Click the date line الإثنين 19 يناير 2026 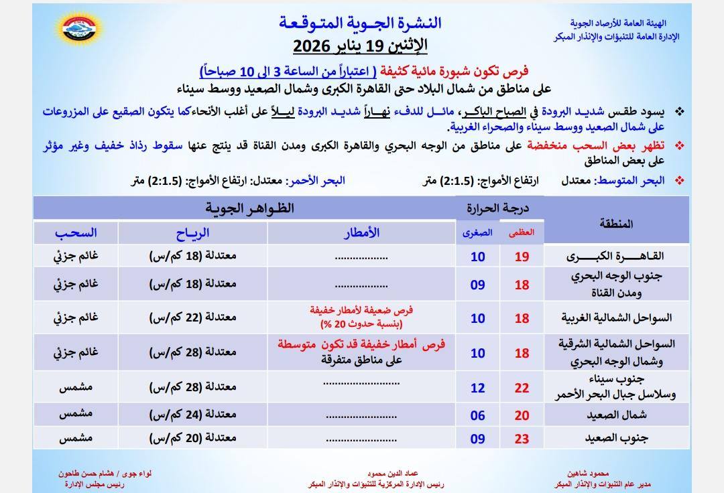click(x=360, y=47)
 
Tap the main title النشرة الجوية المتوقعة click(x=360, y=22)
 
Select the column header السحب click(x=76, y=232)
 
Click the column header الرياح click(x=192, y=232)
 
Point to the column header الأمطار click(x=361, y=232)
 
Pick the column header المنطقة click(x=617, y=224)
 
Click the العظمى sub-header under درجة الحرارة click(x=522, y=232)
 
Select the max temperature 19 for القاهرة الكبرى click(x=522, y=257)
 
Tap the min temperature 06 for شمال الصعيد click(x=477, y=415)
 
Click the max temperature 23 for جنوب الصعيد click(x=522, y=439)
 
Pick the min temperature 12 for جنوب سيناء click(x=477, y=388)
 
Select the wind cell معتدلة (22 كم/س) click(x=192, y=318)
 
